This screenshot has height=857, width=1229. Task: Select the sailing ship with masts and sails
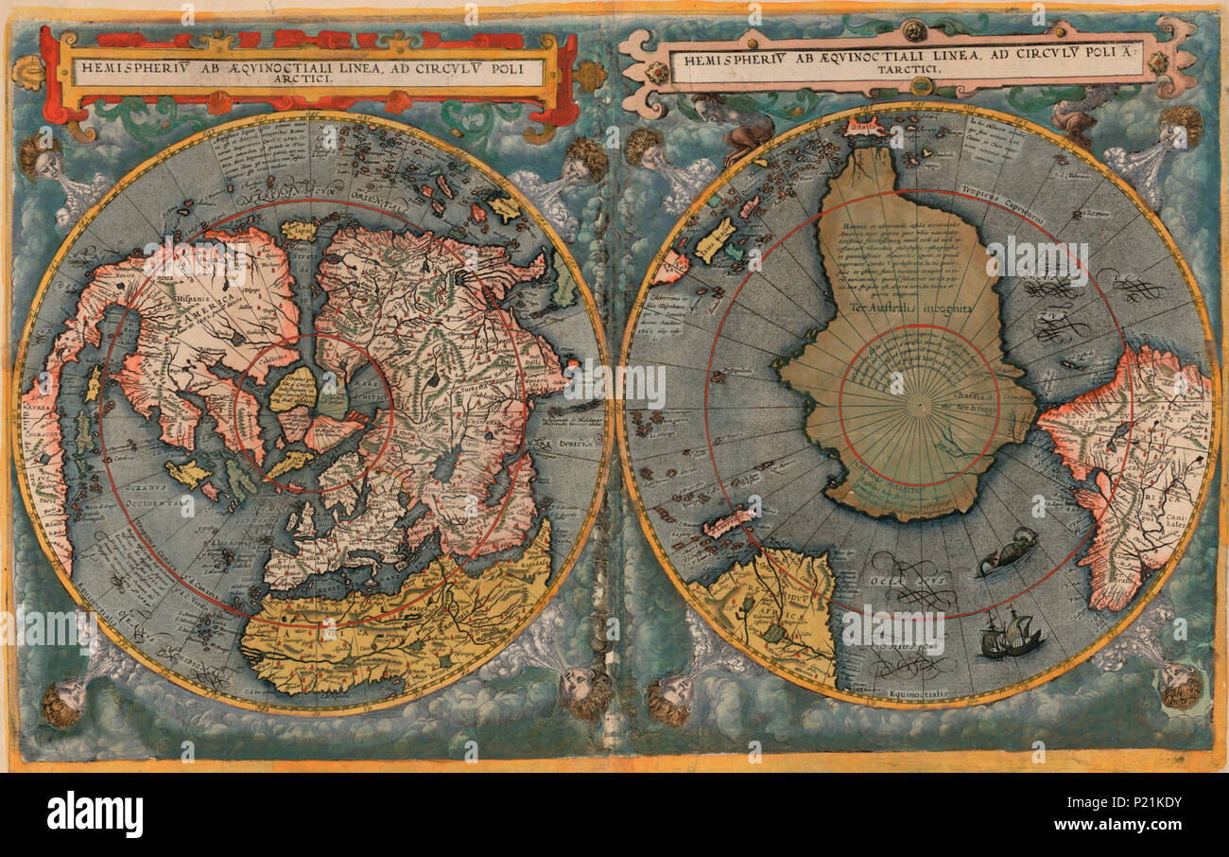(x=1012, y=635)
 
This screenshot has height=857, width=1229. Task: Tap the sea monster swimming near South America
(x=1007, y=551)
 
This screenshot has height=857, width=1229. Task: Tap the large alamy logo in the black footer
(x=95, y=814)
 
